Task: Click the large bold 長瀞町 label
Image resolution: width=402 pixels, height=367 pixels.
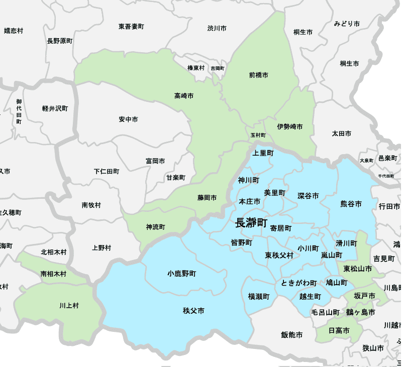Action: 251,223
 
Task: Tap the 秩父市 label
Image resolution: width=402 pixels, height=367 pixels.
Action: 193,311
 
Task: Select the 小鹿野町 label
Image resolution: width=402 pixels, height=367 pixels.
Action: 181,274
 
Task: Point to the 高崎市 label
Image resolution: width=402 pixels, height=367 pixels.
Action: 184,96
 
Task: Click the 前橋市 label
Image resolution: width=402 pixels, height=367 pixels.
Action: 258,75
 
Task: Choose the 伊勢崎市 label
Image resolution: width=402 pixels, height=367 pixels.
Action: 290,127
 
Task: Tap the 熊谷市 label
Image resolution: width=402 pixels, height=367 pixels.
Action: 351,204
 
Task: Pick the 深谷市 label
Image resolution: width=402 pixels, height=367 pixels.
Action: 308,196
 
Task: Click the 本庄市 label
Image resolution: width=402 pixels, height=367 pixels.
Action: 250,201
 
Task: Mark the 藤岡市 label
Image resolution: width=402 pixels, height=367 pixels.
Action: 207,198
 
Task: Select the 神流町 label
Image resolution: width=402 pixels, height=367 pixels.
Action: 155,227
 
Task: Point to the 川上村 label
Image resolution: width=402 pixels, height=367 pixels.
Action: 69,305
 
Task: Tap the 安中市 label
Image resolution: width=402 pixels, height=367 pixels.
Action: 128,119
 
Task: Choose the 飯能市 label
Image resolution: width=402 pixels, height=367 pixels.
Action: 291,335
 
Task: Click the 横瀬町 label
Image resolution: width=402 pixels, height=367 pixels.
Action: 259,297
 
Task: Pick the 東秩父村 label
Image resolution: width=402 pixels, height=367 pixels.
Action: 279,256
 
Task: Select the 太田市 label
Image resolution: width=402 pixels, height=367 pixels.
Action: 341,134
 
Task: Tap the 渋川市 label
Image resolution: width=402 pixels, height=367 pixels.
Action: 217,29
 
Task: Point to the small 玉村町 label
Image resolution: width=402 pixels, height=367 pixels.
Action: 257,136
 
